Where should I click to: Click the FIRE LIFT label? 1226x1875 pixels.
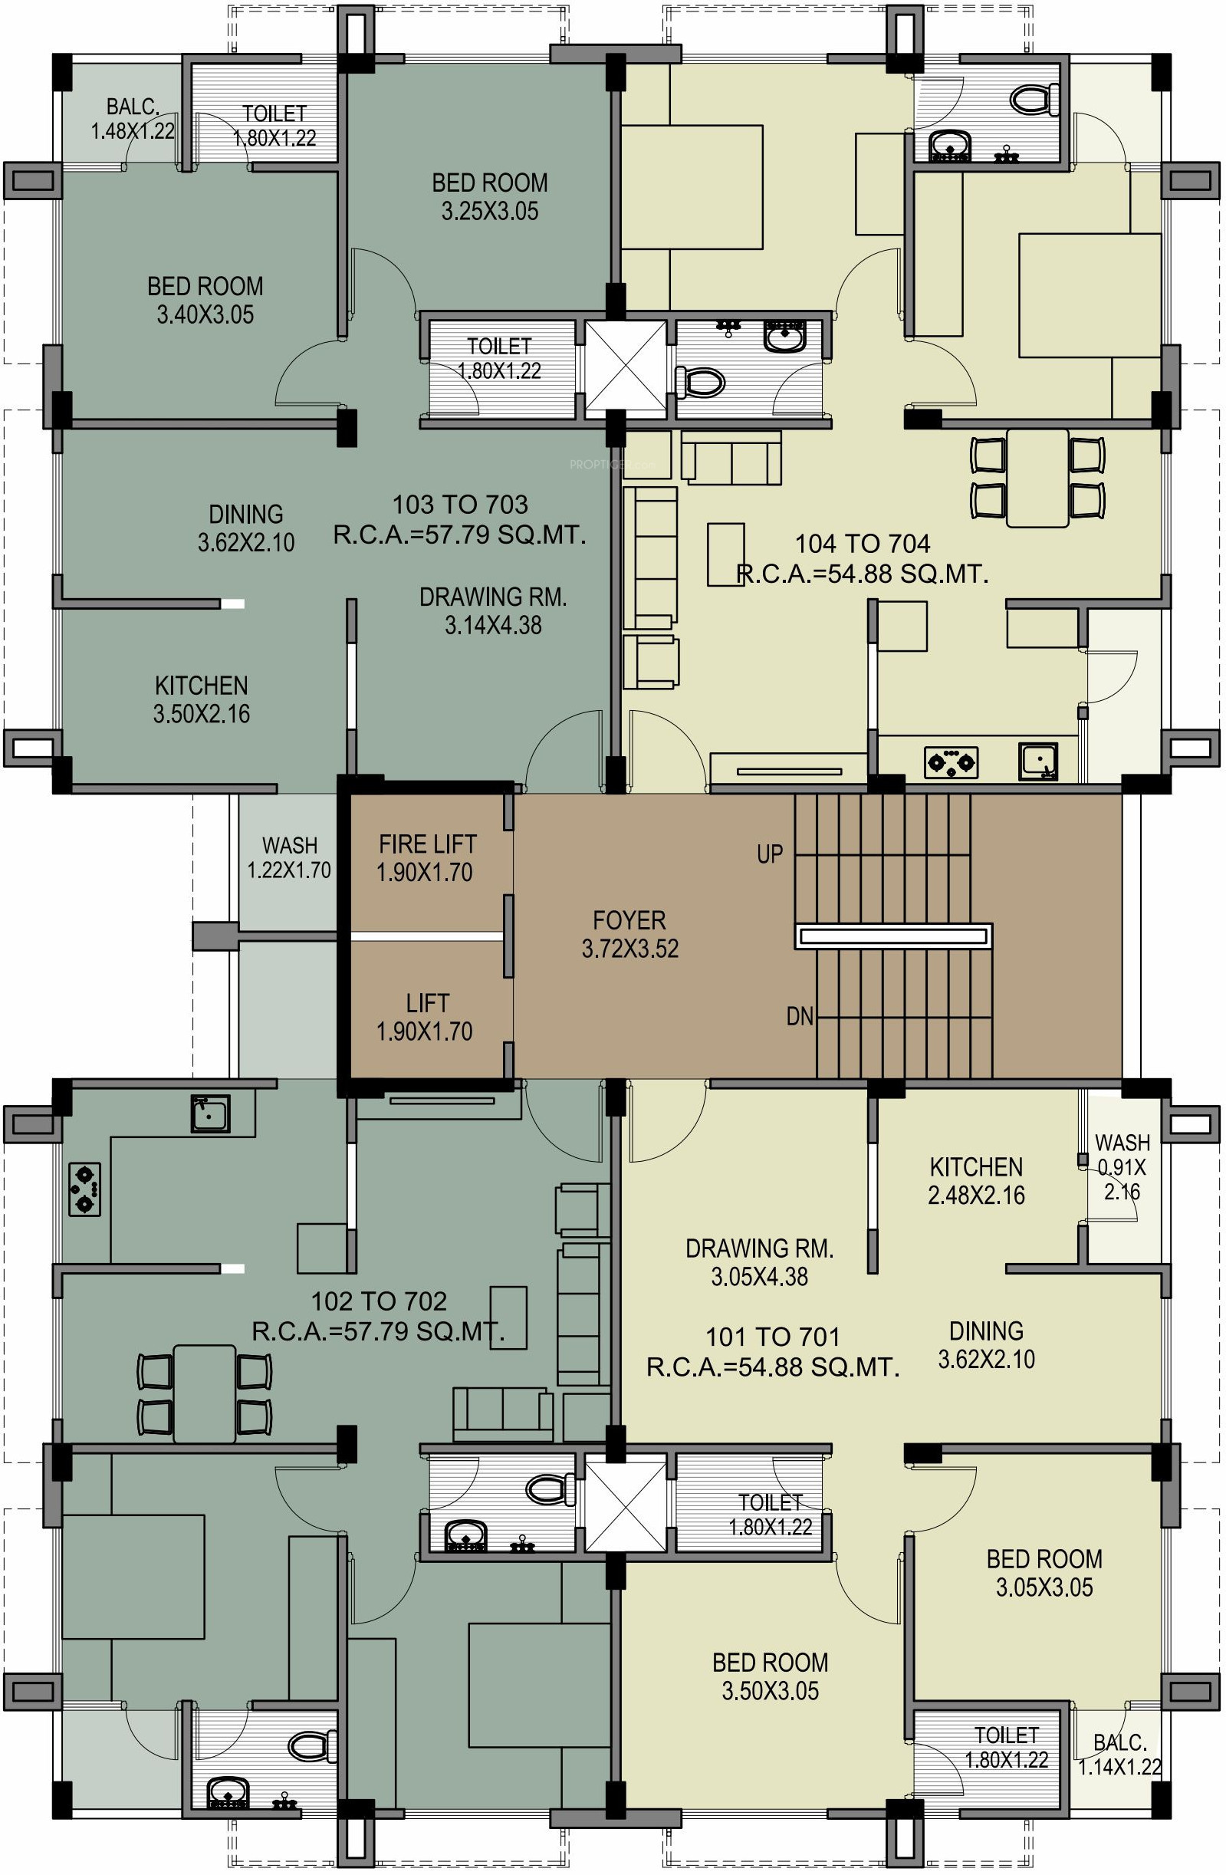[x=427, y=844]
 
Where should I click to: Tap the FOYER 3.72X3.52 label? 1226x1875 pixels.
[x=629, y=934]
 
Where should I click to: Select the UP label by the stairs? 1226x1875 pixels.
[x=769, y=854]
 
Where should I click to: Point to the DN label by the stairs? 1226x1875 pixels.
[x=800, y=1016]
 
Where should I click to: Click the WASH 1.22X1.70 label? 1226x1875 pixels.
[x=289, y=858]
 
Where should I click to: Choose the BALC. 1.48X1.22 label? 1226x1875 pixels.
[x=133, y=118]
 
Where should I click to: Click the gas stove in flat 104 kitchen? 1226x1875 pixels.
[x=951, y=762]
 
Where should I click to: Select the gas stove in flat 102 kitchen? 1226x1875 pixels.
[x=84, y=1189]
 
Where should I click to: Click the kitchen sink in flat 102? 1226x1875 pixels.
[x=209, y=1113]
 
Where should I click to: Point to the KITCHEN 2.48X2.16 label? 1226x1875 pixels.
[x=976, y=1181]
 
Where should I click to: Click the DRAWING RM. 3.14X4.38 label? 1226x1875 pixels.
[x=493, y=610]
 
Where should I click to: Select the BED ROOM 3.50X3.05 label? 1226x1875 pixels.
[x=770, y=1676]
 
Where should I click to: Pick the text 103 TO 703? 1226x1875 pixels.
[x=460, y=504]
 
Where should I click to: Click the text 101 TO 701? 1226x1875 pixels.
[x=772, y=1336]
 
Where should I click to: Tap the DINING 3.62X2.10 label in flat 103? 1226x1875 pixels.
[x=246, y=528]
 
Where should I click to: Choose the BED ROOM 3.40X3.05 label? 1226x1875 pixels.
[x=205, y=299]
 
